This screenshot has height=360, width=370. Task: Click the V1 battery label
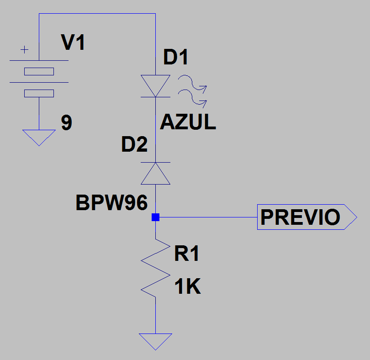pyautogui.click(x=73, y=43)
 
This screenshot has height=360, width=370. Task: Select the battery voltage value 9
pyautogui.click(x=67, y=123)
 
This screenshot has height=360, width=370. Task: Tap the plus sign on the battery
pyautogui.click(x=24, y=49)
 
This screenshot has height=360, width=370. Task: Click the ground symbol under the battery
pyautogui.click(x=39, y=137)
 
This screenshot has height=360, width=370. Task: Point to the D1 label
pyautogui.click(x=176, y=58)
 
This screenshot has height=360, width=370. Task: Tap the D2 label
pyautogui.click(x=134, y=145)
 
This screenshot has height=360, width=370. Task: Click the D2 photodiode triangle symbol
pyautogui.click(x=155, y=174)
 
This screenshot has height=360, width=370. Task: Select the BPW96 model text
pyautogui.click(x=112, y=203)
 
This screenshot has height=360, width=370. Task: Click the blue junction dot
pyautogui.click(x=155, y=217)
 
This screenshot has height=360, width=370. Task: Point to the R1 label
pyautogui.click(x=187, y=254)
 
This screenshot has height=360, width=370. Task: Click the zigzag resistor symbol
pyautogui.click(x=155, y=268)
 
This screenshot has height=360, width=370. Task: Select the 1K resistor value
pyautogui.click(x=187, y=287)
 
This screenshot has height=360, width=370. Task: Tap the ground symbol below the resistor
pyautogui.click(x=155, y=340)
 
